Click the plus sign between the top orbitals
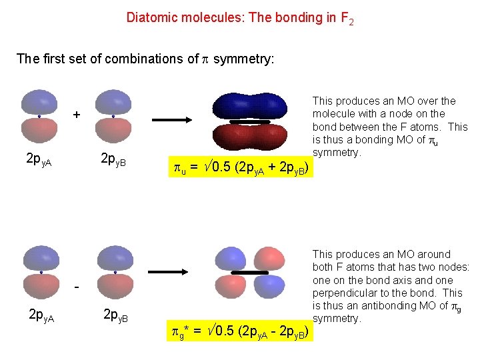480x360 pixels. pos(77,115)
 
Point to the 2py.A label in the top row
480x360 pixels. pos(39,159)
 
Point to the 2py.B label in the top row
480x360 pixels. pos(114,159)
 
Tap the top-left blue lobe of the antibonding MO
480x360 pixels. pos(230,259)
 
